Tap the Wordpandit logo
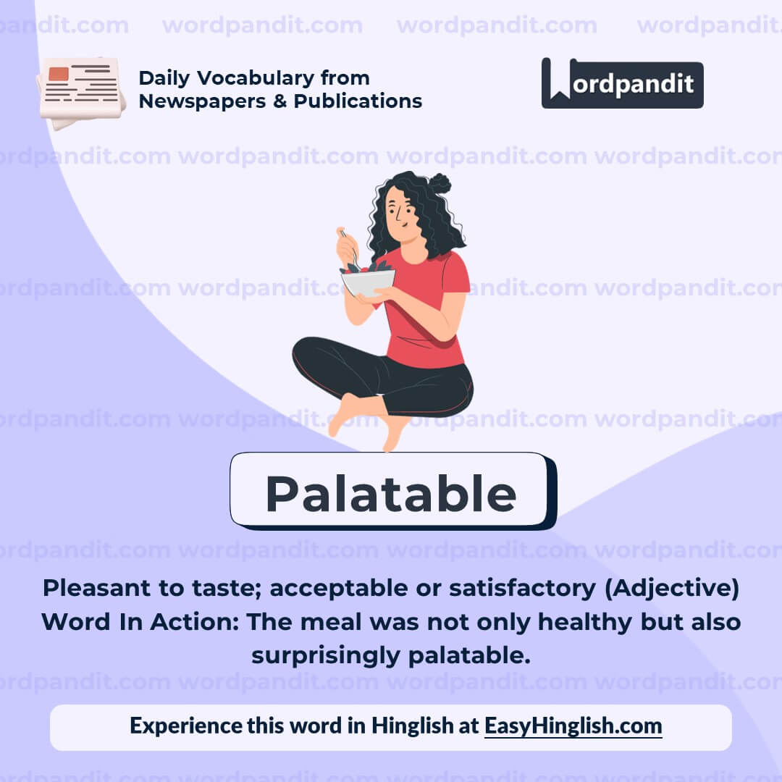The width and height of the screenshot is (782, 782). [x=622, y=83]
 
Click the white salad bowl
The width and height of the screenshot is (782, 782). [x=368, y=282]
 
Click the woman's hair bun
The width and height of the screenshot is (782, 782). [x=439, y=183]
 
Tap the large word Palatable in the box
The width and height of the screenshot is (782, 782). [x=390, y=494]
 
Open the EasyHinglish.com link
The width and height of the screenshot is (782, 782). [x=573, y=726]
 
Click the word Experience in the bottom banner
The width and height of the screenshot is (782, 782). [x=185, y=726]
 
